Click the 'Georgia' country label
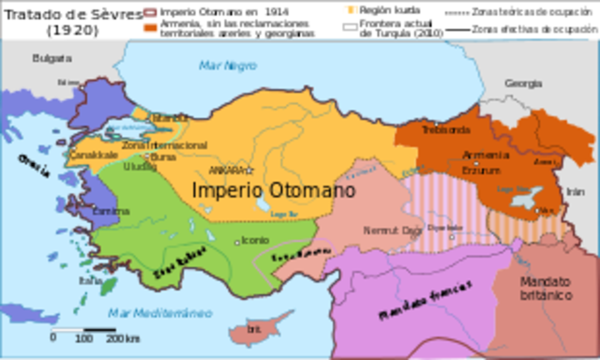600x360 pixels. [x=523, y=83]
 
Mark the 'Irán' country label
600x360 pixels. [x=575, y=190]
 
